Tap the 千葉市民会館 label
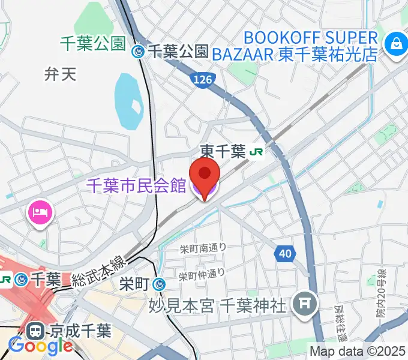tap(137, 186)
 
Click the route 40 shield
tap(286, 254)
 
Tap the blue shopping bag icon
tap(397, 43)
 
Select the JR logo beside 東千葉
tap(256, 152)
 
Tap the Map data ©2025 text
tap(358, 352)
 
